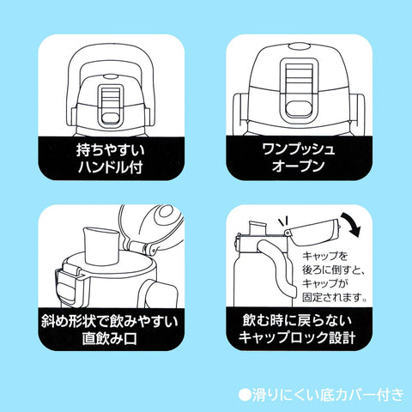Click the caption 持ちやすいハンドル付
point(111,159)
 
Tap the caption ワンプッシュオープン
point(299,157)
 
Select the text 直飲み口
point(110,338)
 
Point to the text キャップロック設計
point(297,337)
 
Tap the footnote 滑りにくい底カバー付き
point(328,395)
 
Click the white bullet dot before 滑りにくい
point(245,395)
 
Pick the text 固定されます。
point(335,298)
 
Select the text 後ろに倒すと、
point(333,270)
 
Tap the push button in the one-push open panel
point(299,110)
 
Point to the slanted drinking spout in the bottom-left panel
point(100,245)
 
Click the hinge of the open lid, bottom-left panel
point(142,246)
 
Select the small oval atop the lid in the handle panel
point(111,76)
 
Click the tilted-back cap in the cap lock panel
point(312,231)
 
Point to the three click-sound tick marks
point(283,222)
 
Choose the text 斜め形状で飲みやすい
point(110,321)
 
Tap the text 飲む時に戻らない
point(297,320)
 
